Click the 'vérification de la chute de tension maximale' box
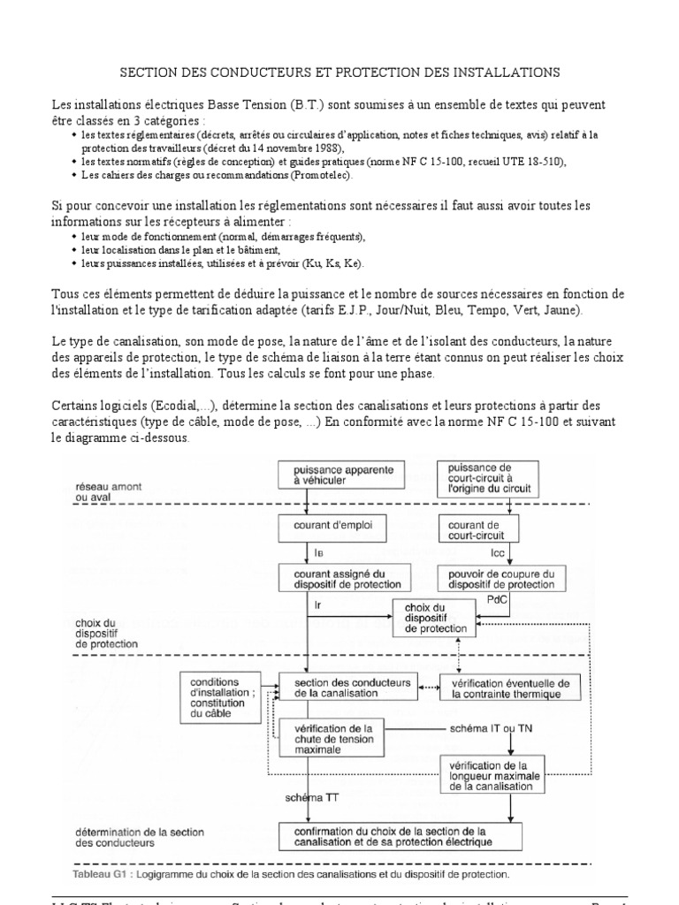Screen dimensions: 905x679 (333, 735)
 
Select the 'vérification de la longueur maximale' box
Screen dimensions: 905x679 (493, 772)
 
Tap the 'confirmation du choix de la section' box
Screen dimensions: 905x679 (400, 834)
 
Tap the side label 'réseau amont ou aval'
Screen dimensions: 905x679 (104, 491)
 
